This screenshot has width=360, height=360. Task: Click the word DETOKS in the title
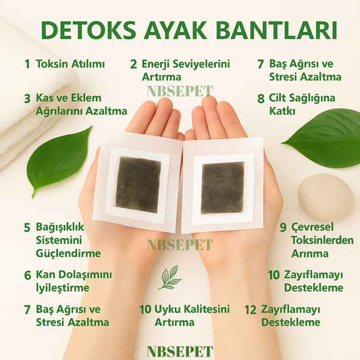89,31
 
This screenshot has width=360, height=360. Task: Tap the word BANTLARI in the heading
276,31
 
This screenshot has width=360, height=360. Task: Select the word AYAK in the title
176,31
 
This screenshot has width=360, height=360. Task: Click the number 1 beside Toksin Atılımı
28,64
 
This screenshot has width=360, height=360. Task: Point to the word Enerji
156,64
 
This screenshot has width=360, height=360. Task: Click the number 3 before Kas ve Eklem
27,99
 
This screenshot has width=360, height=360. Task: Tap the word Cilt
278,98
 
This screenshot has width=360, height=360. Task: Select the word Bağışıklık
60,228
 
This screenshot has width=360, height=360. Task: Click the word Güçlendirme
68,254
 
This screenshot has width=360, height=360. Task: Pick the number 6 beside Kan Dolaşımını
28,276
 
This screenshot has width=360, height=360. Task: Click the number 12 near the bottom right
251,310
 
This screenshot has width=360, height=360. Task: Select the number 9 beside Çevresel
283,228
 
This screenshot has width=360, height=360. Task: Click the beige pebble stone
326,197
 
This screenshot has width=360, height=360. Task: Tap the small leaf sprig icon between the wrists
170,277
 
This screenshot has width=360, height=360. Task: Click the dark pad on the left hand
138,185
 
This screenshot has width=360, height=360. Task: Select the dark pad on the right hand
222,188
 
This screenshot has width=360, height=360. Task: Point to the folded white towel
32,92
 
